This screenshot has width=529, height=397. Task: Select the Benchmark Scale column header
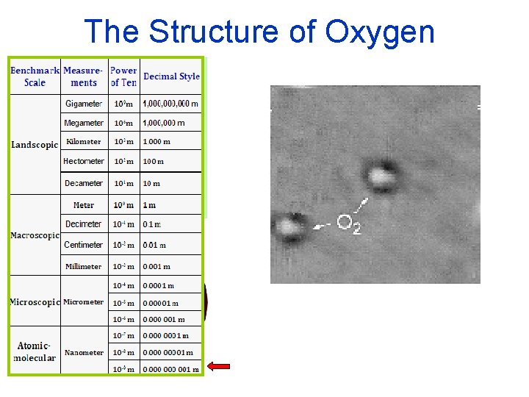[35, 76]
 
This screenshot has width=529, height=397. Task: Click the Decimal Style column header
[171, 76]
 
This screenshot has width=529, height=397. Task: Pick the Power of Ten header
[123, 76]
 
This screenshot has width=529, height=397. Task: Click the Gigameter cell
[84, 104]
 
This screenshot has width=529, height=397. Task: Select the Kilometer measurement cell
[84, 142]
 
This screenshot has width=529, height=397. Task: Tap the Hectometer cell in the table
[84, 161]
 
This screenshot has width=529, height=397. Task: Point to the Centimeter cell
[84, 245]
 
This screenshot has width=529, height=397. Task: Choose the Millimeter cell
[84, 266]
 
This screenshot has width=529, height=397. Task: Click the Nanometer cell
[84, 352]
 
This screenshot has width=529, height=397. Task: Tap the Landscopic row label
[35, 145]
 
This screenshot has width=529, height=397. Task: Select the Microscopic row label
[35, 302]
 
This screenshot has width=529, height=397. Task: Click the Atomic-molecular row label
[35, 352]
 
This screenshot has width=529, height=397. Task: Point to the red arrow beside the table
[218, 366]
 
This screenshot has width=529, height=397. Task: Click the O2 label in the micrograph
[348, 223]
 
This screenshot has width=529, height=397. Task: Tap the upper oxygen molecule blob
[381, 176]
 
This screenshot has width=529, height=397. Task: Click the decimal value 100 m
[153, 161]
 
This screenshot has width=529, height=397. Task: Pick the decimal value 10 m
[151, 183]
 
